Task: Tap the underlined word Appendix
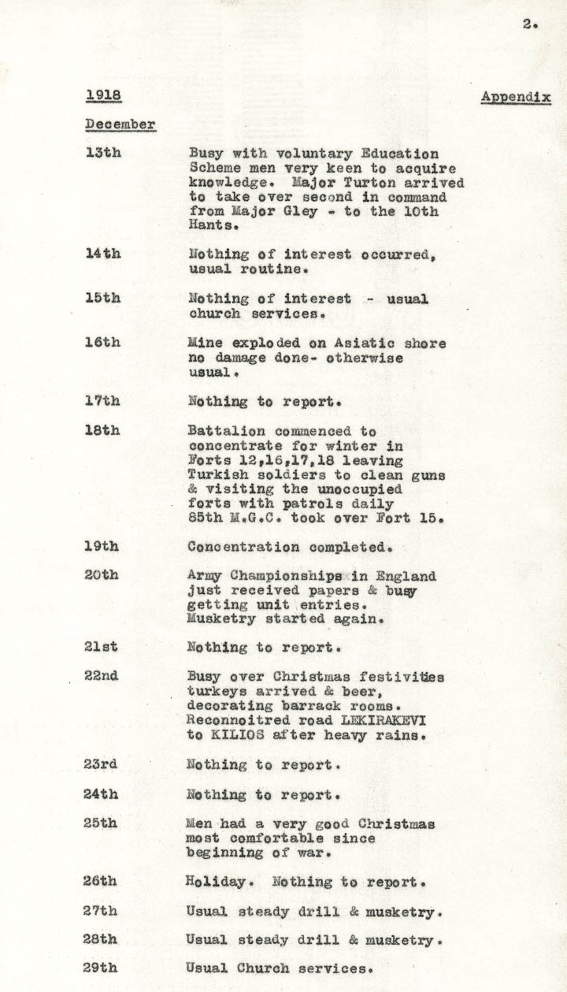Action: (x=516, y=97)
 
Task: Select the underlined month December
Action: (x=120, y=124)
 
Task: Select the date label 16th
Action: (x=102, y=342)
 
